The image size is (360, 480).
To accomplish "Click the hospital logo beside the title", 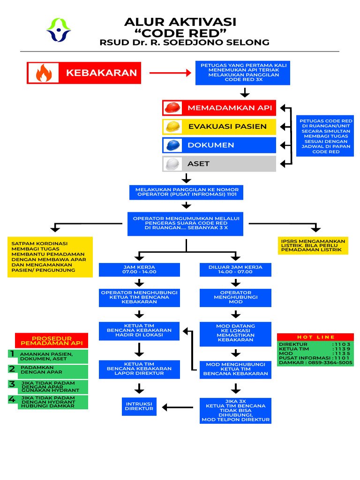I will click(x=59, y=30).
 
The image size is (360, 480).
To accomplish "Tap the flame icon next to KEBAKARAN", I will click(x=44, y=73).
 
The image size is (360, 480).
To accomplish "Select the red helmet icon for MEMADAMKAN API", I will click(x=172, y=108).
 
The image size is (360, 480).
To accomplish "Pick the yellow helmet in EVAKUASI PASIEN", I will click(x=172, y=127).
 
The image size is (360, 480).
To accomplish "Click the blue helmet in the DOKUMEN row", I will click(x=172, y=145).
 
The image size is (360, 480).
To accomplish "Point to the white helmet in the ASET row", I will click(x=172, y=164).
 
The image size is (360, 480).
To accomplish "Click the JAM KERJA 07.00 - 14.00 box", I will click(x=139, y=270).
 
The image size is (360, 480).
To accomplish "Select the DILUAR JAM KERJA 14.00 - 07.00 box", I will click(x=235, y=270).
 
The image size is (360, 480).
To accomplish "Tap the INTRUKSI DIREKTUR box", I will click(x=139, y=406).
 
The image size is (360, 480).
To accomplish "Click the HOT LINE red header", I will click(x=315, y=337).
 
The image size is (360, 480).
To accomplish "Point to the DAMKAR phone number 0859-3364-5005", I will click(x=331, y=362).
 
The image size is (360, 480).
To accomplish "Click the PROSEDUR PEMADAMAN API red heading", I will click(x=52, y=340).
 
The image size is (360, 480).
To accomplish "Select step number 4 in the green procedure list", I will click(x=12, y=400).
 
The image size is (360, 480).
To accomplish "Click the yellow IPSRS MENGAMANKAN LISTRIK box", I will click(x=313, y=246).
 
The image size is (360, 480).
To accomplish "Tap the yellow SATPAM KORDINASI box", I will click(x=50, y=257).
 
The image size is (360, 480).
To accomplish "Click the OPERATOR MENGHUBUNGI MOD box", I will click(x=235, y=298).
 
